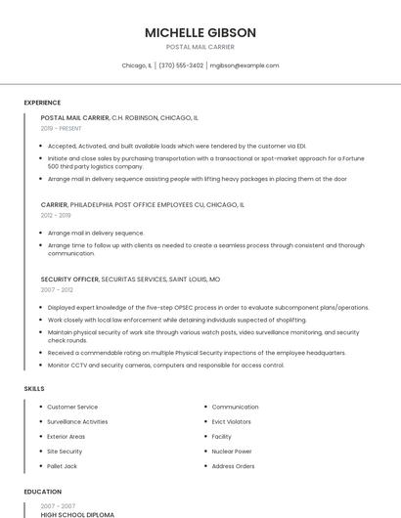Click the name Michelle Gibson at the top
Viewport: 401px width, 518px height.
tap(200, 32)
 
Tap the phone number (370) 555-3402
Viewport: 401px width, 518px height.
tap(181, 65)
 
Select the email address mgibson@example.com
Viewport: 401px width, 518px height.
tap(244, 65)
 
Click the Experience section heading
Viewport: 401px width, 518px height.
tap(42, 103)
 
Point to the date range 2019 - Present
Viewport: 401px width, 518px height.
tap(61, 128)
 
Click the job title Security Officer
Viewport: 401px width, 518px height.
tap(69, 279)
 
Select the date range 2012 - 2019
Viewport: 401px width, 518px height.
tap(56, 215)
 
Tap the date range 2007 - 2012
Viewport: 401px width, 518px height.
tap(56, 289)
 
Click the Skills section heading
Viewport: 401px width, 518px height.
tap(34, 388)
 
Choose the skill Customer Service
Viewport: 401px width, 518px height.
tap(72, 407)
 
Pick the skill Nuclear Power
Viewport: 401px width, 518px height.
tap(232, 452)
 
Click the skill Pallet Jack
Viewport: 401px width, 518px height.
tap(62, 466)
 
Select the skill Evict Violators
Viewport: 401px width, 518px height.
tap(232, 421)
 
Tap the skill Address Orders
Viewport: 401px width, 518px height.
tap(233, 466)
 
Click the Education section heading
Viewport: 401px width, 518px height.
tap(41, 492)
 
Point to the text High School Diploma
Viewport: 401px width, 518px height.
tap(77, 514)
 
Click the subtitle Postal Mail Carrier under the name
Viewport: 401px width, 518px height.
tap(200, 47)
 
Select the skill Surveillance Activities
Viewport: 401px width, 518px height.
tap(77, 421)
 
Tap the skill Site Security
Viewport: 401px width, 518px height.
tap(65, 452)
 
